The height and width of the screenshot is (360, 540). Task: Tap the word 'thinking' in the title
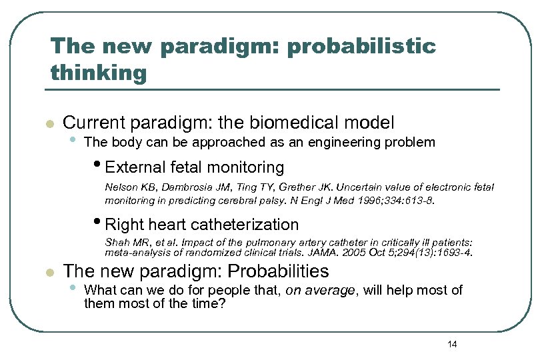[98, 73]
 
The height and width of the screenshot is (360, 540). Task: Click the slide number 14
[452, 344]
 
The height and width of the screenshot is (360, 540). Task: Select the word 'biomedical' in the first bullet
[295, 123]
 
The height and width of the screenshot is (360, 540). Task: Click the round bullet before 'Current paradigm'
[48, 124]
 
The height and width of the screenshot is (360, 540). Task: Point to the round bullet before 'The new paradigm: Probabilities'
[48, 273]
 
